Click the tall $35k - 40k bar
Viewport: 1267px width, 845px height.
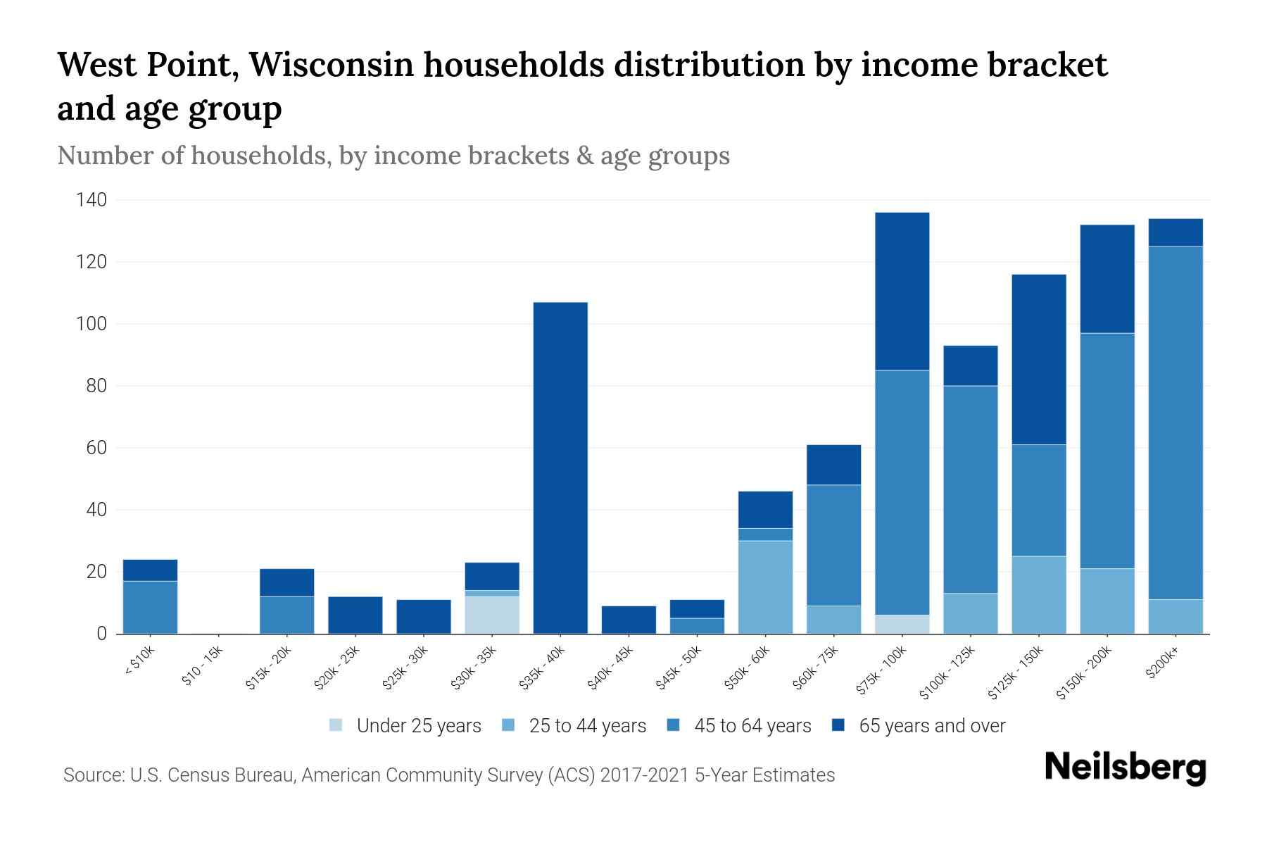560,468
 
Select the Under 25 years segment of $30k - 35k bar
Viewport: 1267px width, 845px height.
492,615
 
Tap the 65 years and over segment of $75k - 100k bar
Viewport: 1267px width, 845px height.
902,291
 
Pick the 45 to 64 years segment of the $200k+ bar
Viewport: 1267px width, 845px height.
1175,423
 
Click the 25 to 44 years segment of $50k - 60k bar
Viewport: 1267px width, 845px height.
765,587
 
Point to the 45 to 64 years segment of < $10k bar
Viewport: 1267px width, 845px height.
150,606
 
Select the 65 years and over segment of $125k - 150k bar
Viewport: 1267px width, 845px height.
1038,359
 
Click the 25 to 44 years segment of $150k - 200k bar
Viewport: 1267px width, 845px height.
1107,601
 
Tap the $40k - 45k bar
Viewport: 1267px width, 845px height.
629,620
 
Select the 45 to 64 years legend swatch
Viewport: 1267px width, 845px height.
674,725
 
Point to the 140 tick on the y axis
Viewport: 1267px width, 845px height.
91,201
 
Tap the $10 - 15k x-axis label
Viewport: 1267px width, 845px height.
203,669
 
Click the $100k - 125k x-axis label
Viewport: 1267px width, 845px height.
948,673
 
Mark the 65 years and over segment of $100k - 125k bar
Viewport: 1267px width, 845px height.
970,365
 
